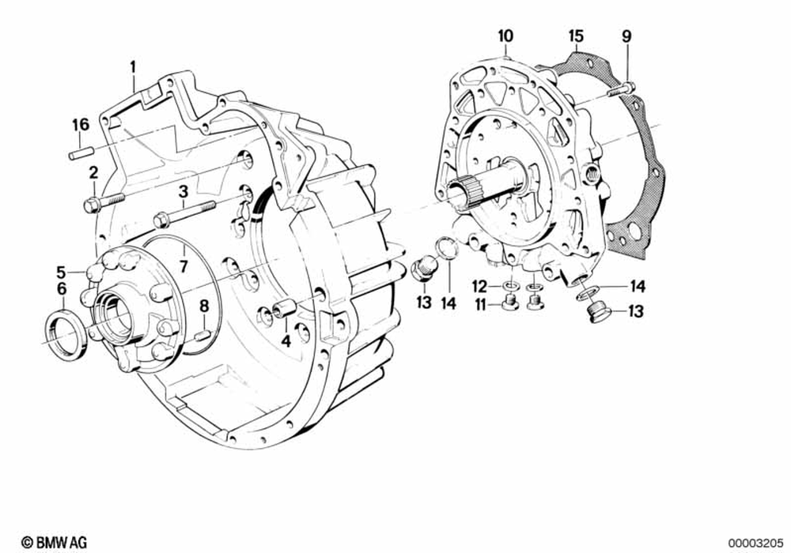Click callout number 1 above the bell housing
(134, 66)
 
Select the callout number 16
(81, 125)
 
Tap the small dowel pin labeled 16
(81, 153)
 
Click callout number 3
(182, 190)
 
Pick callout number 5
(60, 272)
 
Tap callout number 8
(203, 305)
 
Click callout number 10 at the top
(505, 36)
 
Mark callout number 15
(576, 36)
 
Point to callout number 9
(626, 36)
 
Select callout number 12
(479, 285)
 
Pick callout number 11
(479, 304)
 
